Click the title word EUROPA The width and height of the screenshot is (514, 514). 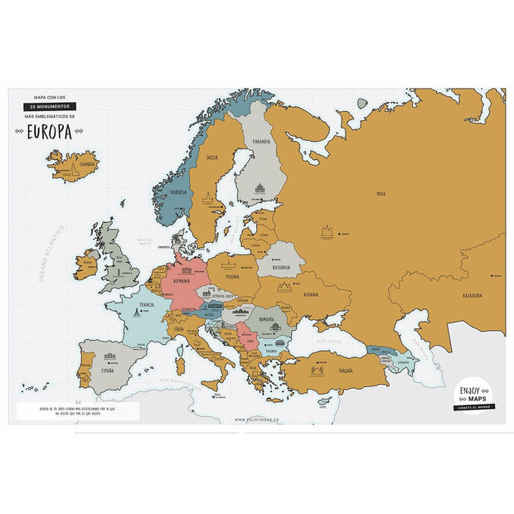[49, 132]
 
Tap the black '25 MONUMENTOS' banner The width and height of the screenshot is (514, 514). [51, 107]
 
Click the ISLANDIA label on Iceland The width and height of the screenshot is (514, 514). [87, 164]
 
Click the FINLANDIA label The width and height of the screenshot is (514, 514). [263, 141]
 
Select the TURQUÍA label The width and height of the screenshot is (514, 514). [344, 370]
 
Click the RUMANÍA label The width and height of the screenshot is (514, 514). [266, 319]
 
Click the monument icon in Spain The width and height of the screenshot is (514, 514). [108, 358]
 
